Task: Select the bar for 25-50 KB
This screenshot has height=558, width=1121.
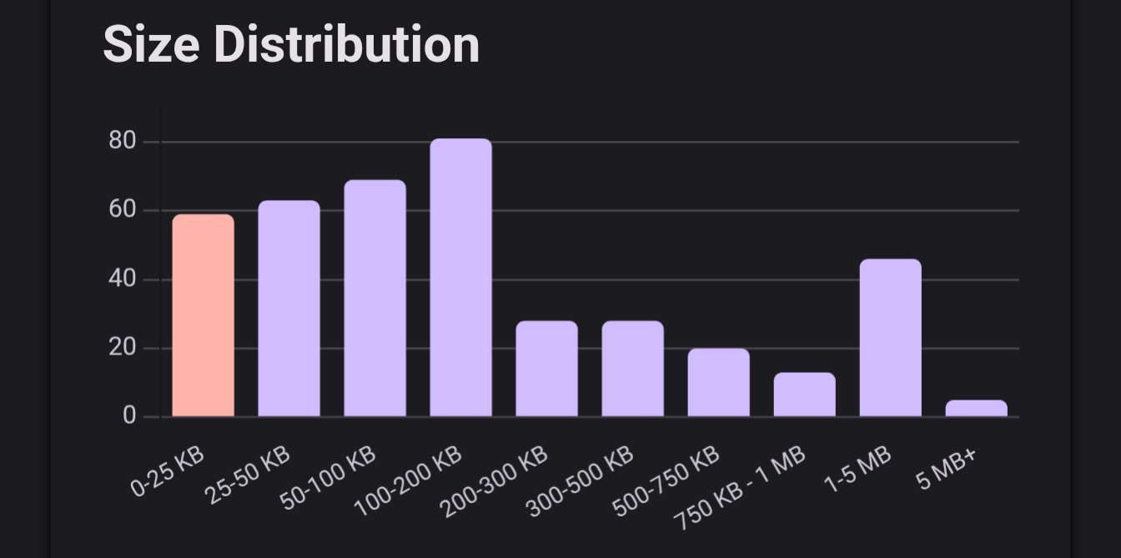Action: [x=289, y=309]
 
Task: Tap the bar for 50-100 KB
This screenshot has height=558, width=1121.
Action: [x=375, y=298]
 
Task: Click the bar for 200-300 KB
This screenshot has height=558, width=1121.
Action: [x=546, y=369]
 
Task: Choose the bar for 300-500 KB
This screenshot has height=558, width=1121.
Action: [x=632, y=369]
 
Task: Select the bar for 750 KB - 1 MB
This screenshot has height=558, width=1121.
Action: [x=804, y=395]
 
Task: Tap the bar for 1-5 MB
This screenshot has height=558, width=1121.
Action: [x=890, y=338]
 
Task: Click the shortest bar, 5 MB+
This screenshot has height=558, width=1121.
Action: [x=976, y=408]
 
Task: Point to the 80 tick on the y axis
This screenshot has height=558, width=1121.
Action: [x=123, y=141]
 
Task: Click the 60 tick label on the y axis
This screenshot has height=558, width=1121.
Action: [x=123, y=210]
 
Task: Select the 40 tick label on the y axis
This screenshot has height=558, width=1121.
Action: [x=123, y=279]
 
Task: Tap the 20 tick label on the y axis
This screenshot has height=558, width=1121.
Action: [x=123, y=348]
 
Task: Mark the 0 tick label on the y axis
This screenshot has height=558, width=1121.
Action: [x=129, y=415]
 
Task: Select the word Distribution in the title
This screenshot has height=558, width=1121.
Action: [x=346, y=44]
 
